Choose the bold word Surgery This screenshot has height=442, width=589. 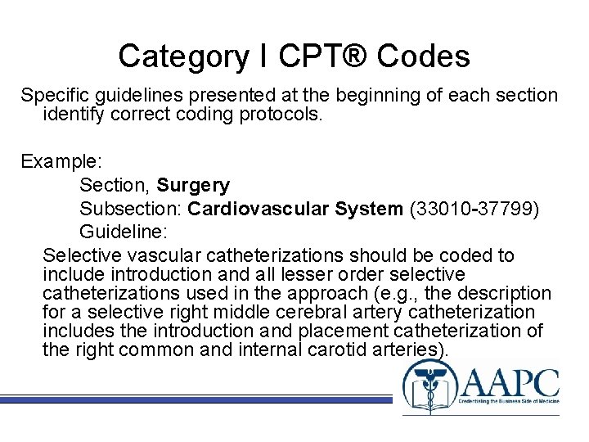pyautogui.click(x=193, y=186)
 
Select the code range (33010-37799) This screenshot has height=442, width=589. pyautogui.click(x=474, y=210)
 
